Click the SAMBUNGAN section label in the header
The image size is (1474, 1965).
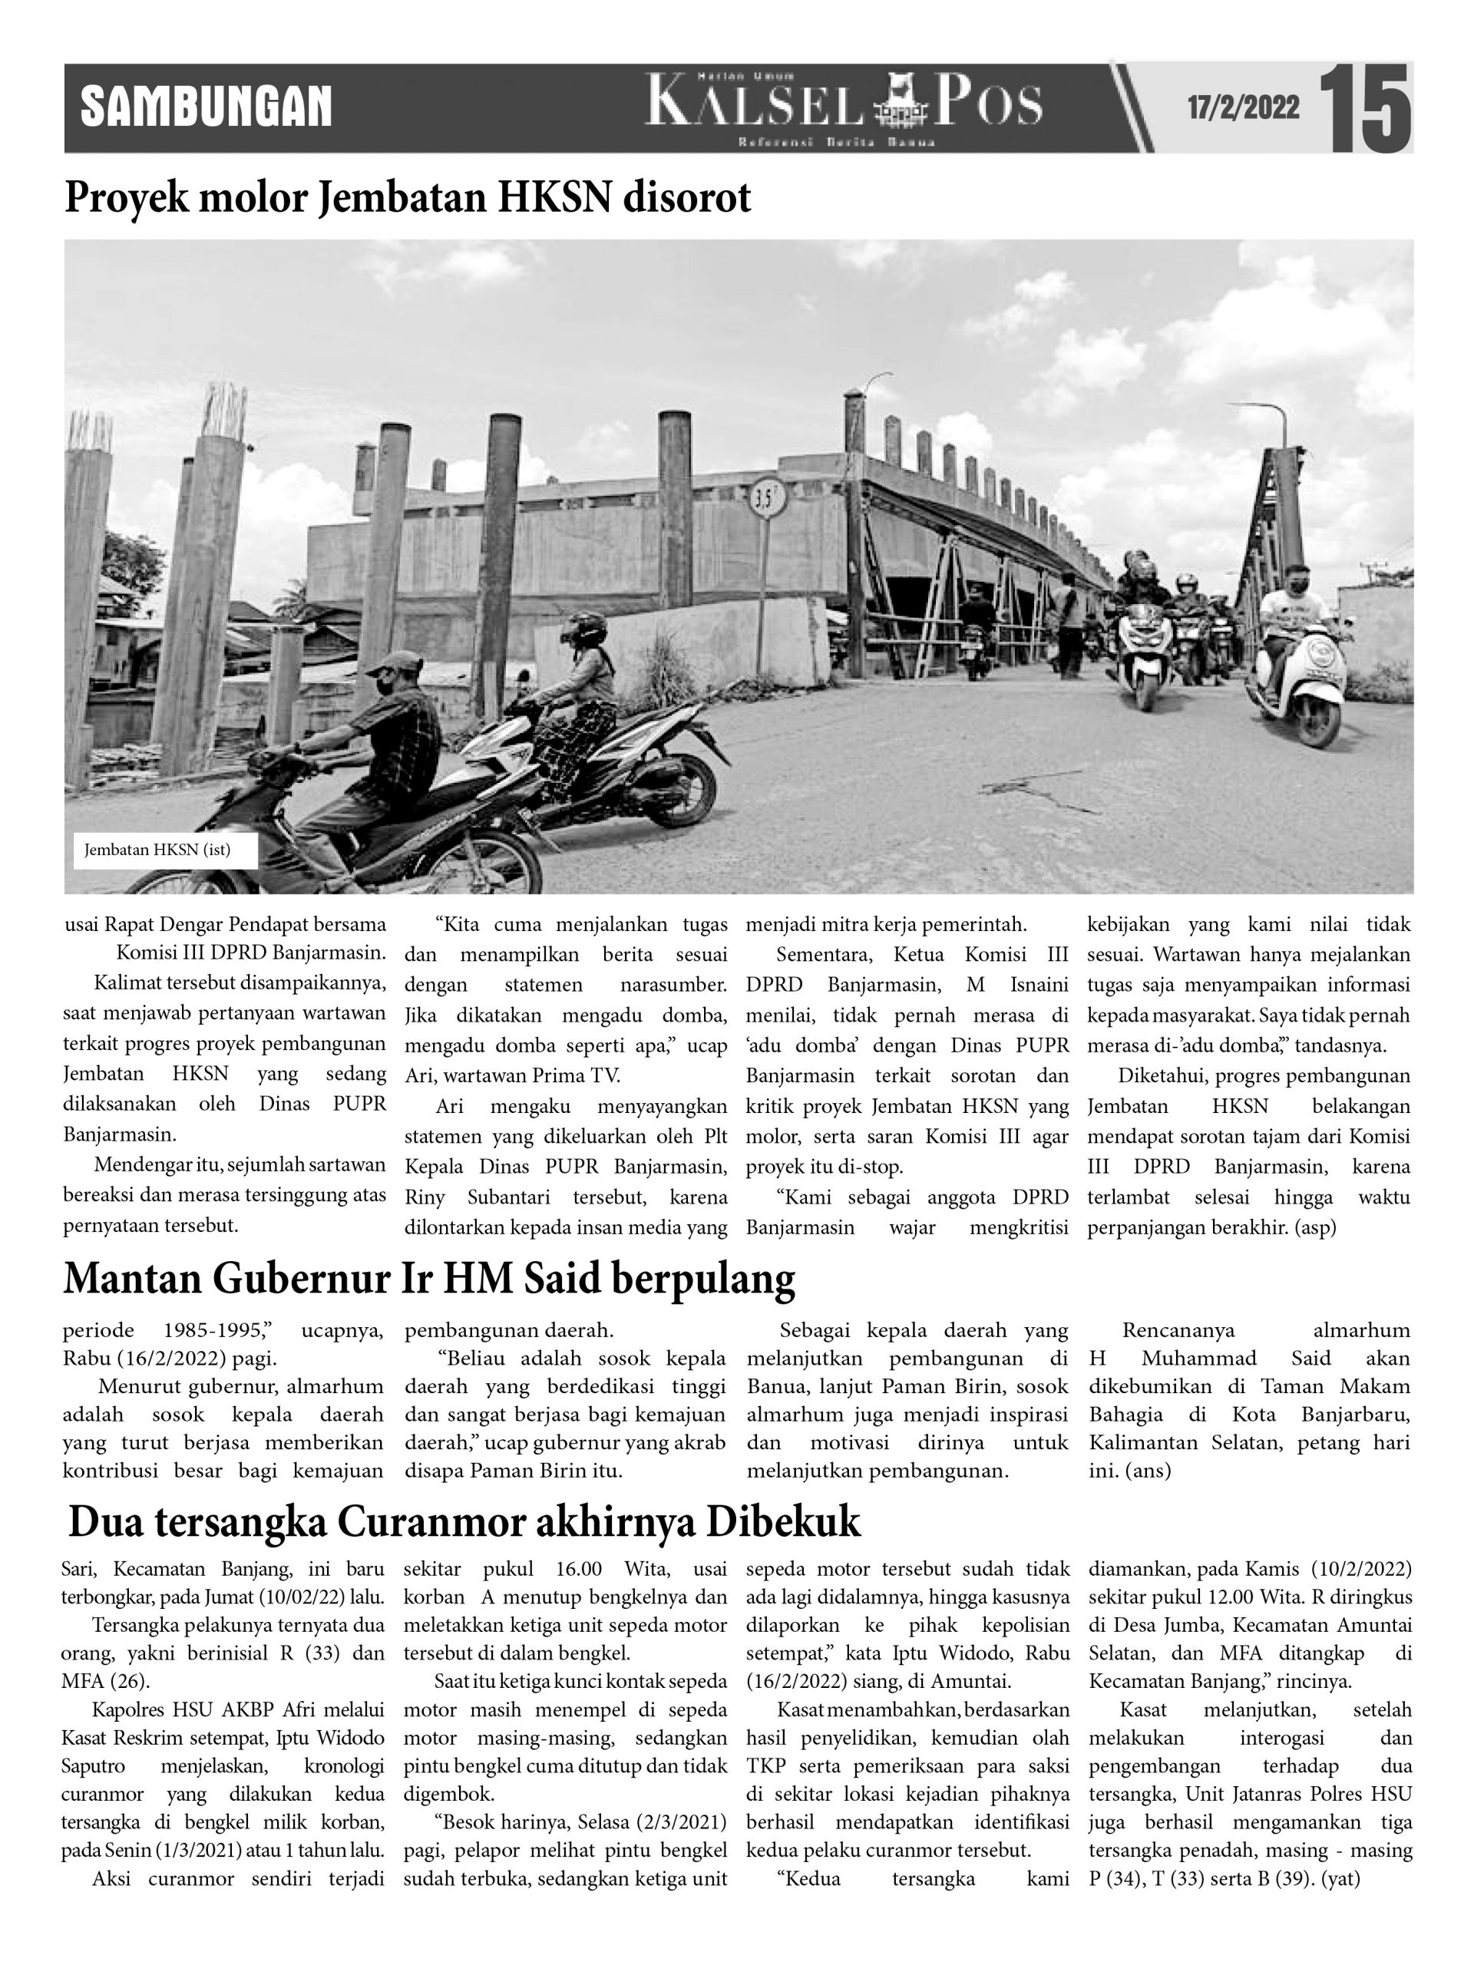[205, 107]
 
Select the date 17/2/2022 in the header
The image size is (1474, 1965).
[1243, 108]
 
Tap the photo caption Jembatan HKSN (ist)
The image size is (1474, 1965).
[157, 849]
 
